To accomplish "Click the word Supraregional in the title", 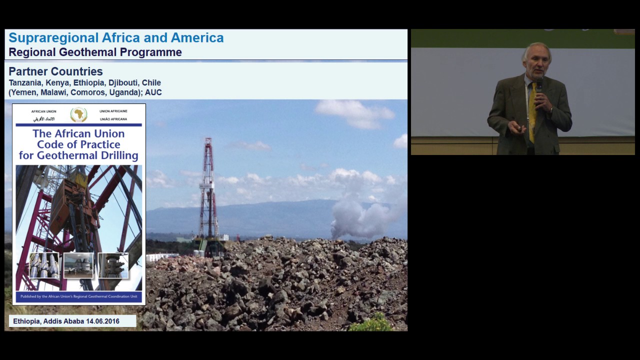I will tap(53, 38).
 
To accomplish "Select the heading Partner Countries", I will tap(55, 71).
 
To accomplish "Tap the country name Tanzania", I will tap(25, 83).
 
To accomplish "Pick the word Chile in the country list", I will tap(151, 83).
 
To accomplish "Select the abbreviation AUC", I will tap(153, 92).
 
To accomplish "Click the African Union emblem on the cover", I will tap(78, 114).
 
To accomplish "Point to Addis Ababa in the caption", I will tap(63, 321).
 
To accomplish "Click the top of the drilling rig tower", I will tap(208, 141).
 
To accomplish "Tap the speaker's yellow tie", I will tap(532, 112).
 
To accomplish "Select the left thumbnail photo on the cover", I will tap(44, 265).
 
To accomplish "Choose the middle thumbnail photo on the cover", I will tap(78, 265).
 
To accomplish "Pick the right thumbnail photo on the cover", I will tap(113, 265).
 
